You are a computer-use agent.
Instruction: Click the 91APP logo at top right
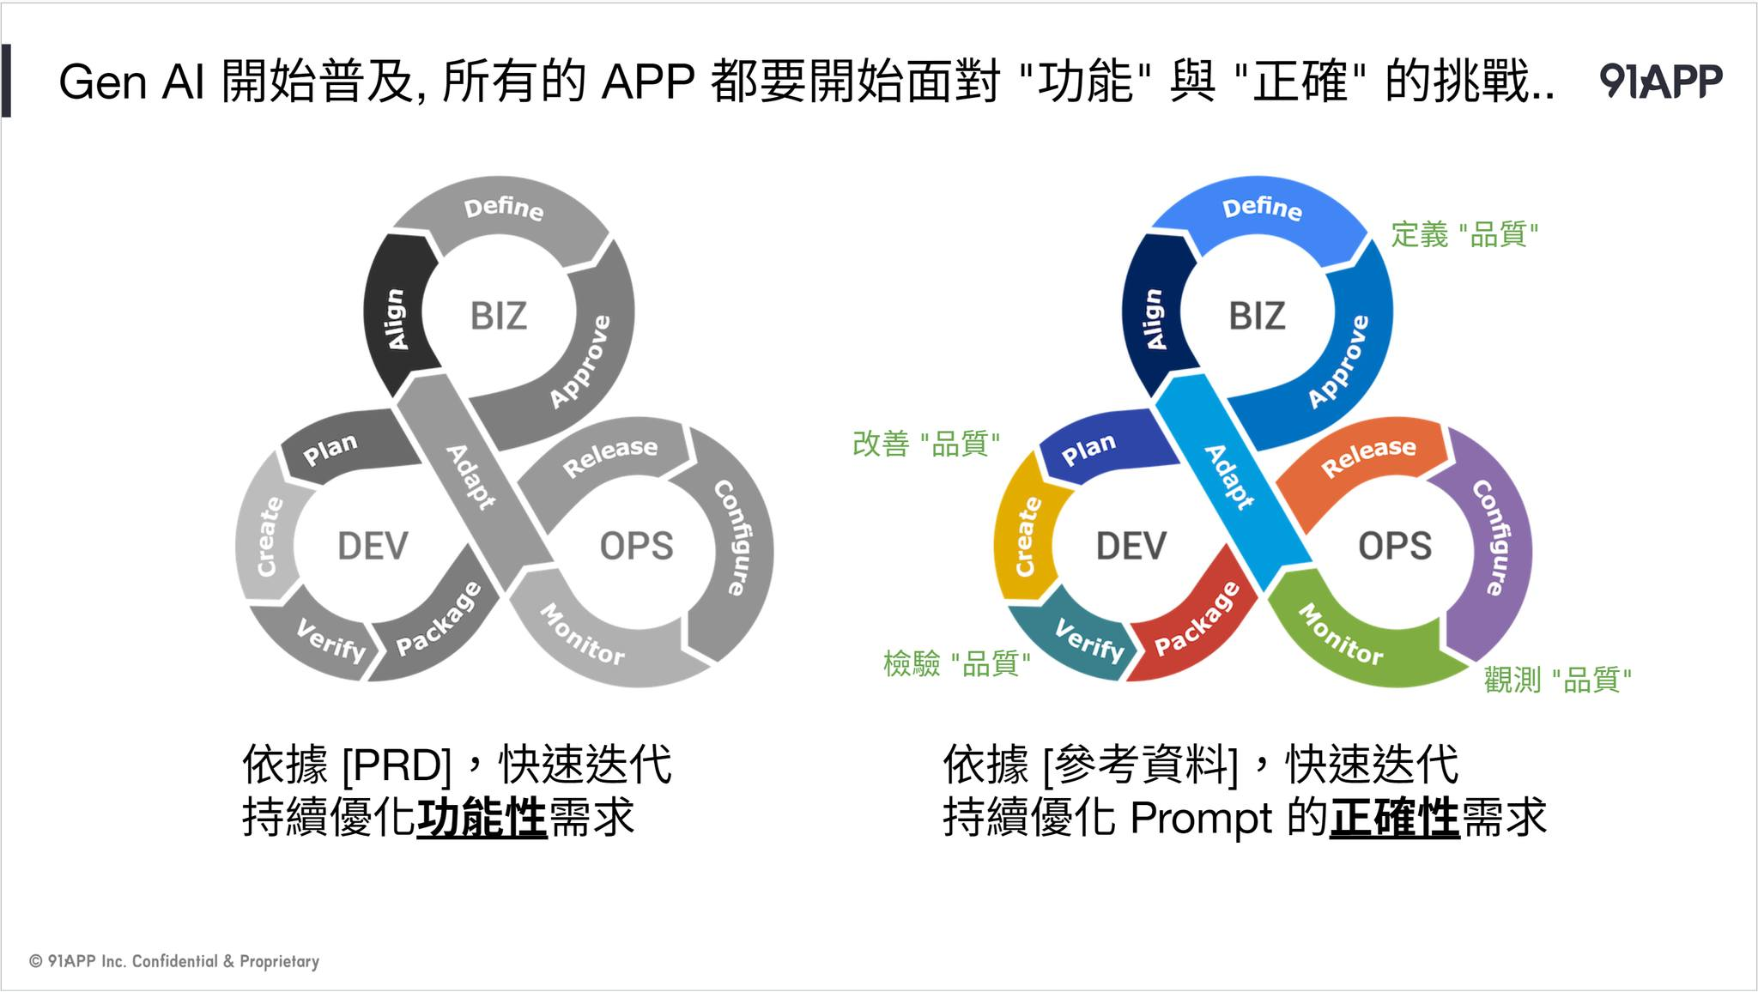1660,82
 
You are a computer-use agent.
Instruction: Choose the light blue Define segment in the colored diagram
1262,210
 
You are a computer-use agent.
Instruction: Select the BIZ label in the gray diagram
498,317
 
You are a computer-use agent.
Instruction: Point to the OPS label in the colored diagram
1395,547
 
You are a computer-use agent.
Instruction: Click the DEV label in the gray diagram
373,547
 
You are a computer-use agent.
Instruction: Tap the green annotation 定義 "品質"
1464,234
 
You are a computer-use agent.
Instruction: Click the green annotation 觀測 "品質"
1557,680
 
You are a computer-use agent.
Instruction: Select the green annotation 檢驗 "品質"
956,663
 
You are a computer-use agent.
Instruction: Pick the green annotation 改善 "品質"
925,444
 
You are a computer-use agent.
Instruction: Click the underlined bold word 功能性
482,817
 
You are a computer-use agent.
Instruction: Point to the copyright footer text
174,961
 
